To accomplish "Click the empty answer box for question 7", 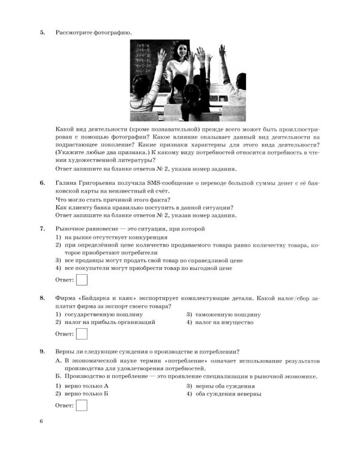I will click(x=82, y=279).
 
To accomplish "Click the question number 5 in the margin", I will click(x=42, y=31).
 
